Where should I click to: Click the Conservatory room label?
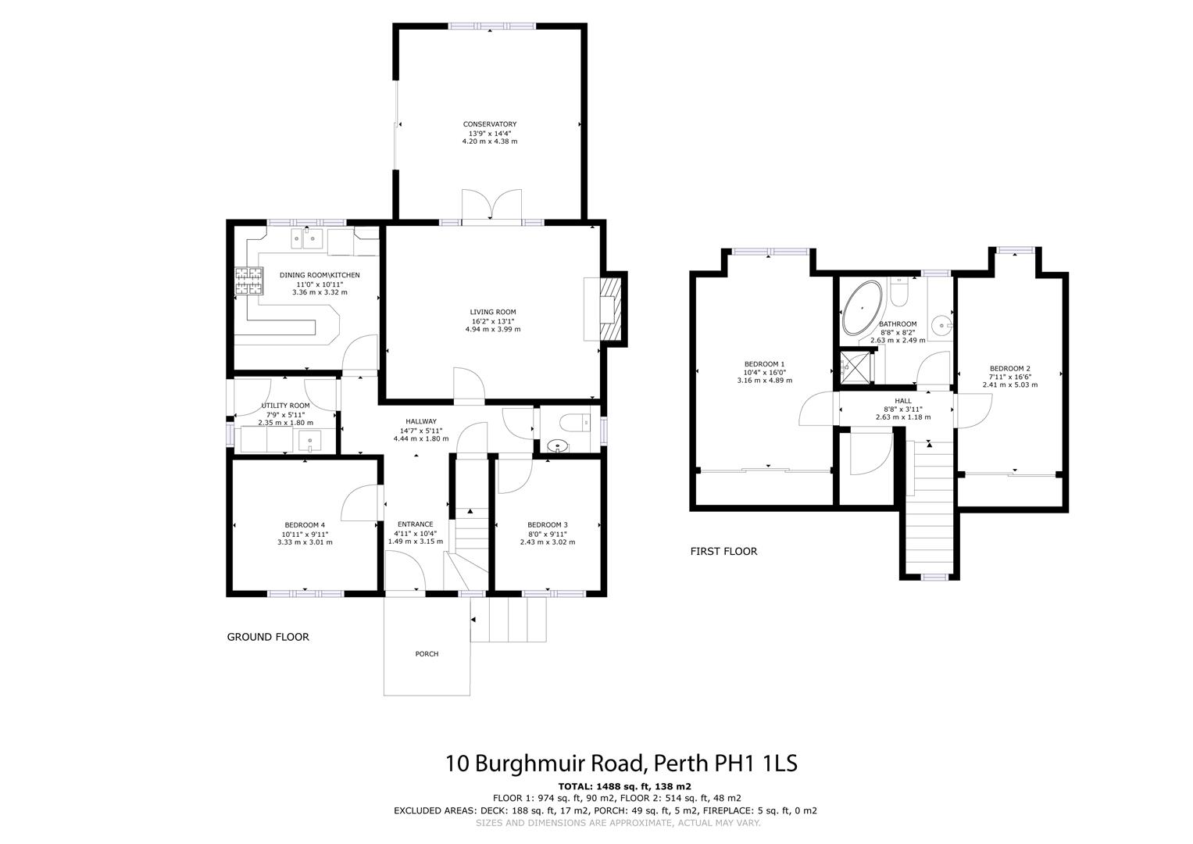pyautogui.click(x=489, y=124)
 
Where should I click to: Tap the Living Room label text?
pyautogui.click(x=492, y=312)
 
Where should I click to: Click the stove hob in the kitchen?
pyautogui.click(x=248, y=281)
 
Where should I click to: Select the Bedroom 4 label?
pyautogui.click(x=305, y=524)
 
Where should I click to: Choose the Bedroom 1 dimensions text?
pyautogui.click(x=764, y=377)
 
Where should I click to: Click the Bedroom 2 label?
pyautogui.click(x=1009, y=368)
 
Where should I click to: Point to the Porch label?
pyautogui.click(x=427, y=654)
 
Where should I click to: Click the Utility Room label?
pyautogui.click(x=285, y=406)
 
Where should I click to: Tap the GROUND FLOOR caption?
pyautogui.click(x=268, y=637)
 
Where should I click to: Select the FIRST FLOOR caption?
pyautogui.click(x=723, y=551)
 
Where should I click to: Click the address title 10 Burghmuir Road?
pyautogui.click(x=621, y=763)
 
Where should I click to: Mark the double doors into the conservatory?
pyautogui.click(x=491, y=206)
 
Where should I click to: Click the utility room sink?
pyautogui.click(x=311, y=442)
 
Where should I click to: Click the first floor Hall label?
pyautogui.click(x=902, y=401)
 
